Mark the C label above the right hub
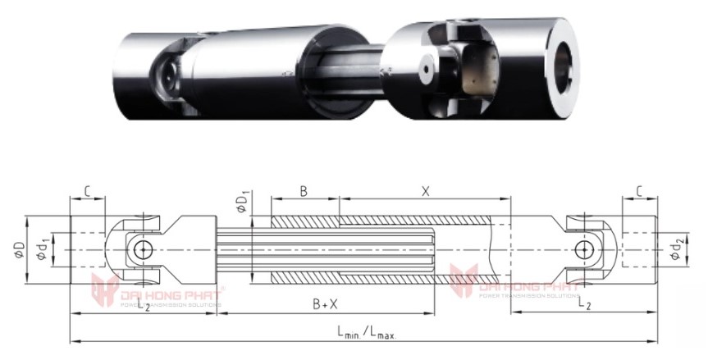[x=638, y=190]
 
